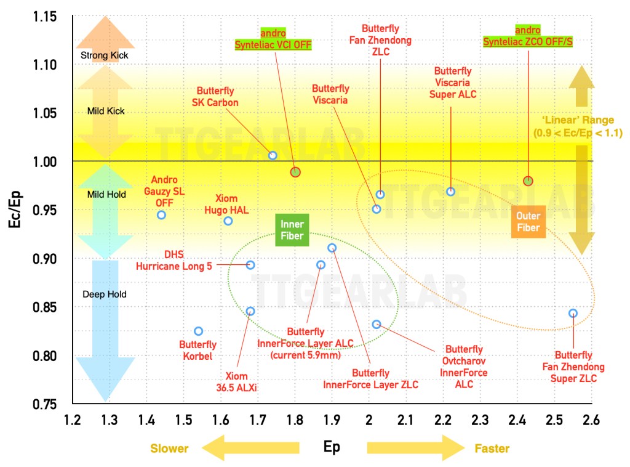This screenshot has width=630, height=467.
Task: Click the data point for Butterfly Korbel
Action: point(199,331)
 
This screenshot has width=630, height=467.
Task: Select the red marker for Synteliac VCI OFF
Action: point(295,172)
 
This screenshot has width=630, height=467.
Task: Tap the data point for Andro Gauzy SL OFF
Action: point(162,215)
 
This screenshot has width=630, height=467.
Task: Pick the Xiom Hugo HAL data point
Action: point(228,221)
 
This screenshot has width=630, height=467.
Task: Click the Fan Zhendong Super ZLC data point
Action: point(573,313)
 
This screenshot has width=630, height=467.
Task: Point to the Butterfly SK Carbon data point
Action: point(273,155)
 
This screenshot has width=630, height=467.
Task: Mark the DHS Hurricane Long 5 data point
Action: point(250,265)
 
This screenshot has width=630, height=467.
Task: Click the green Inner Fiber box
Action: point(292,230)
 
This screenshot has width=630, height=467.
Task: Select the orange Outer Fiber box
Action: point(528,222)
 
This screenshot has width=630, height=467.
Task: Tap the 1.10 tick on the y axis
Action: point(44,65)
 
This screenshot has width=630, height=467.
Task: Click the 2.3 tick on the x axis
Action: point(480,420)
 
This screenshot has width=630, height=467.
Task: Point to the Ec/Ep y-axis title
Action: point(15,209)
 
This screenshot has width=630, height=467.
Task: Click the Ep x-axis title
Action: point(332,447)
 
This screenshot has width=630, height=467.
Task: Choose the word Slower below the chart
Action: point(169,449)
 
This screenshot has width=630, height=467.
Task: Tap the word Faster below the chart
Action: point(492,449)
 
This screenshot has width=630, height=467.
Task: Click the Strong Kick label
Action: point(105,55)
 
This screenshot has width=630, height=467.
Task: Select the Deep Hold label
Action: point(105,294)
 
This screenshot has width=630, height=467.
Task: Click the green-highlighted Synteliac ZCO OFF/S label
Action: point(528,41)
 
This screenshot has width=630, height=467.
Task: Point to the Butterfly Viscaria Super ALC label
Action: point(453,83)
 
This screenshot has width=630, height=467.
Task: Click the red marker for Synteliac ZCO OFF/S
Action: point(528,181)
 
